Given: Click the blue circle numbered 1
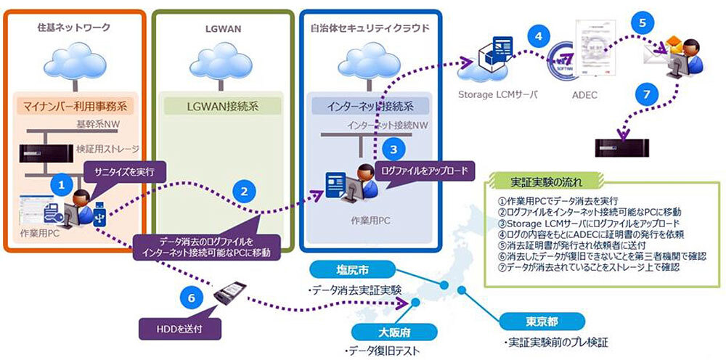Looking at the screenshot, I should [x=62, y=184].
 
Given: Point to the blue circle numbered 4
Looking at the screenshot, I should [x=537, y=34].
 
